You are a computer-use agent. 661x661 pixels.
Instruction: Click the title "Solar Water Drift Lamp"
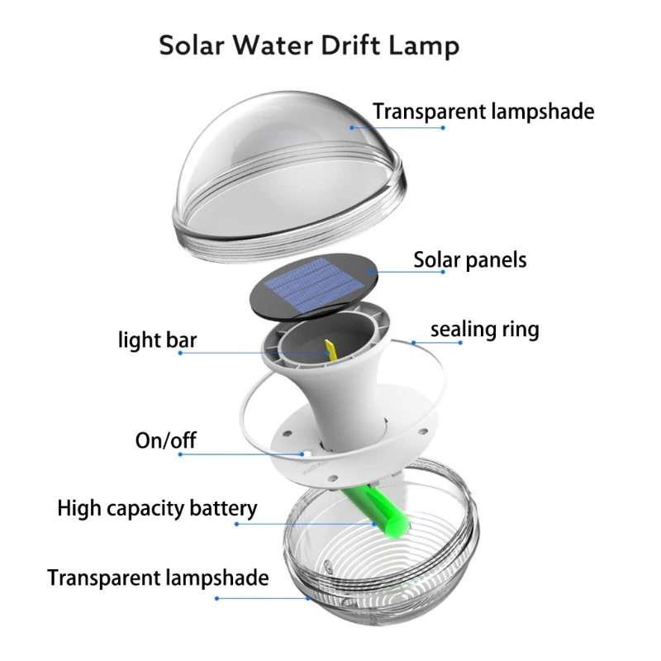pos(308,45)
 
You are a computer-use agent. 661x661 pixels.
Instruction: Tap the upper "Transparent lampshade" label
pos(483,111)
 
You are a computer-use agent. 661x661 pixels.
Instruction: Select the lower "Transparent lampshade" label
pos(158,577)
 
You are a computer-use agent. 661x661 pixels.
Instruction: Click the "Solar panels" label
pos(469,259)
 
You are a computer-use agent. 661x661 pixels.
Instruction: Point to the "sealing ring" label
pos(484,330)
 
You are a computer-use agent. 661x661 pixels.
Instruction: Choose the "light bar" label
pos(157,340)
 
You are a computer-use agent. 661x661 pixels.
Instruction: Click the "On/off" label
pos(165,440)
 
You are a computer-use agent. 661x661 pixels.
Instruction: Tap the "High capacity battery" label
pos(157,507)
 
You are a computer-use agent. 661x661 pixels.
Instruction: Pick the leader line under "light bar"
pos(248,353)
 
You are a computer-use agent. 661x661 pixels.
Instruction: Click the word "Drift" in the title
pos(358,45)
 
